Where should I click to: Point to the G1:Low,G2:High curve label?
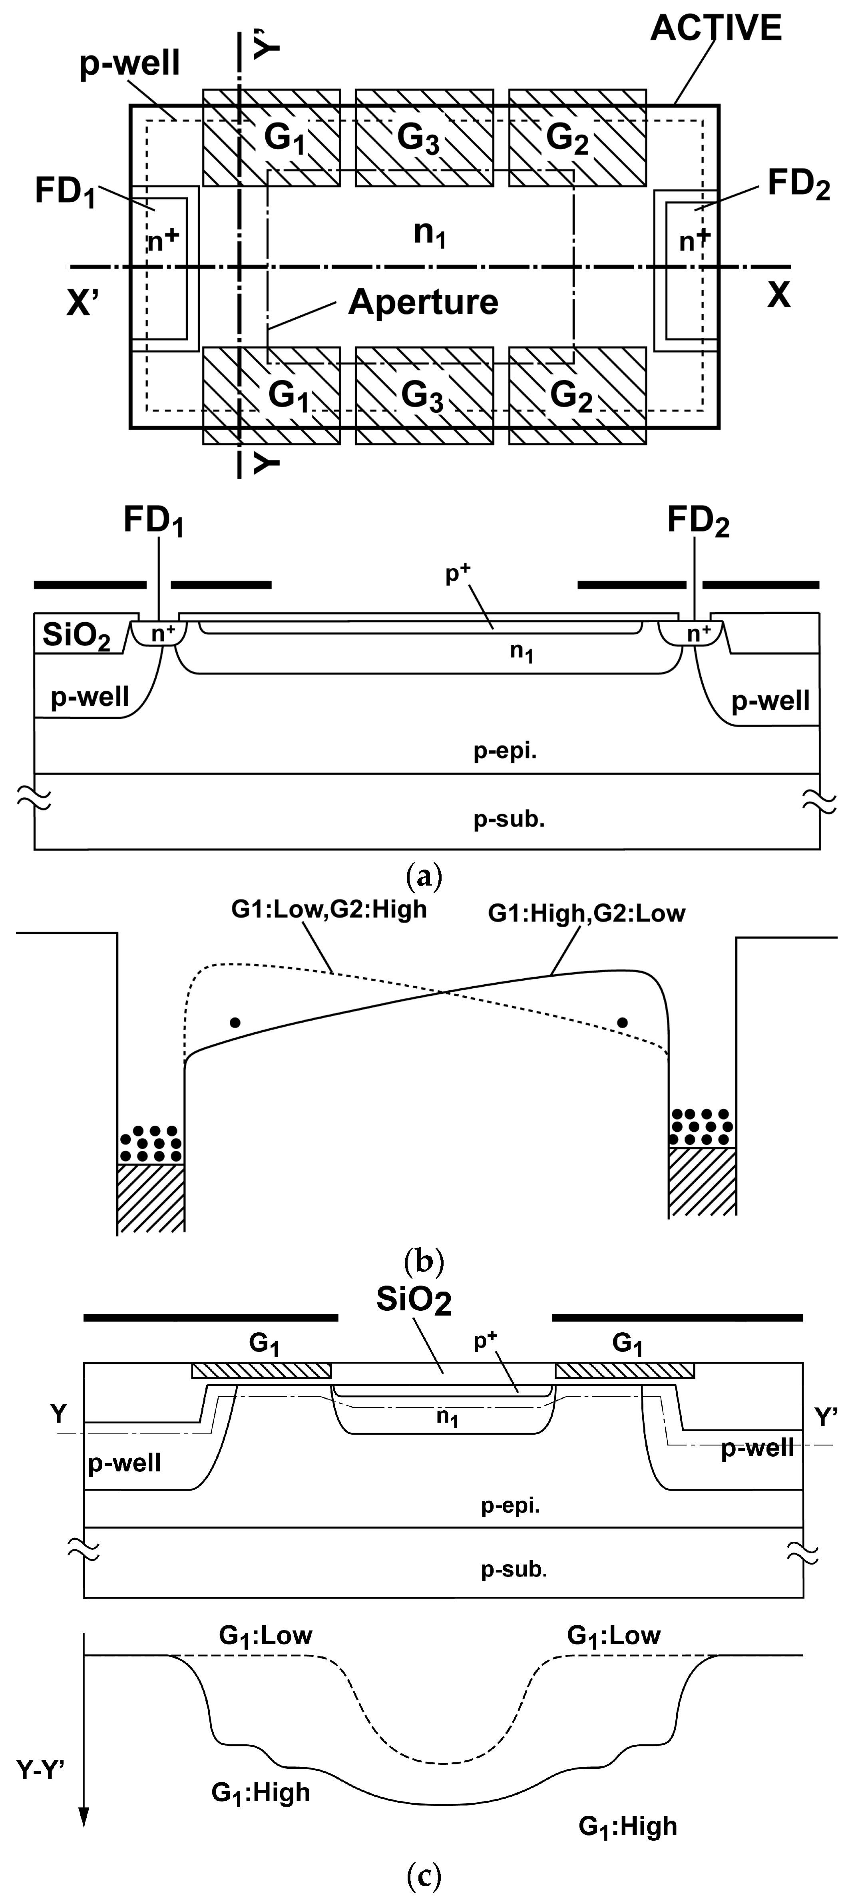(329, 909)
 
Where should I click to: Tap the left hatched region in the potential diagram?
(150, 1198)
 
